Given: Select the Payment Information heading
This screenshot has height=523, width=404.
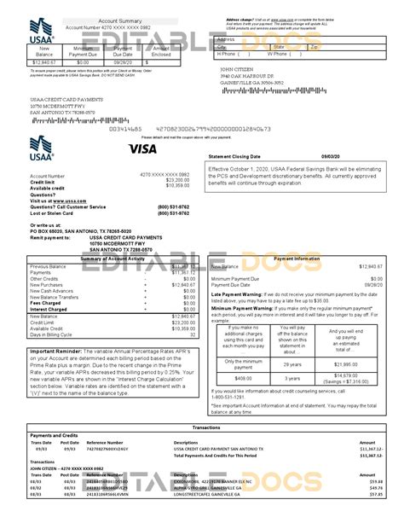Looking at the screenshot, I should [291, 258].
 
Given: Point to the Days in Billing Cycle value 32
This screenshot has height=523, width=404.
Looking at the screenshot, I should [192, 336].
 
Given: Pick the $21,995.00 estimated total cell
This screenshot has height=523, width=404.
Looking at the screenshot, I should [343, 364].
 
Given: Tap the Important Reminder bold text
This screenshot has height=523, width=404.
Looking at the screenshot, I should [57, 351].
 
